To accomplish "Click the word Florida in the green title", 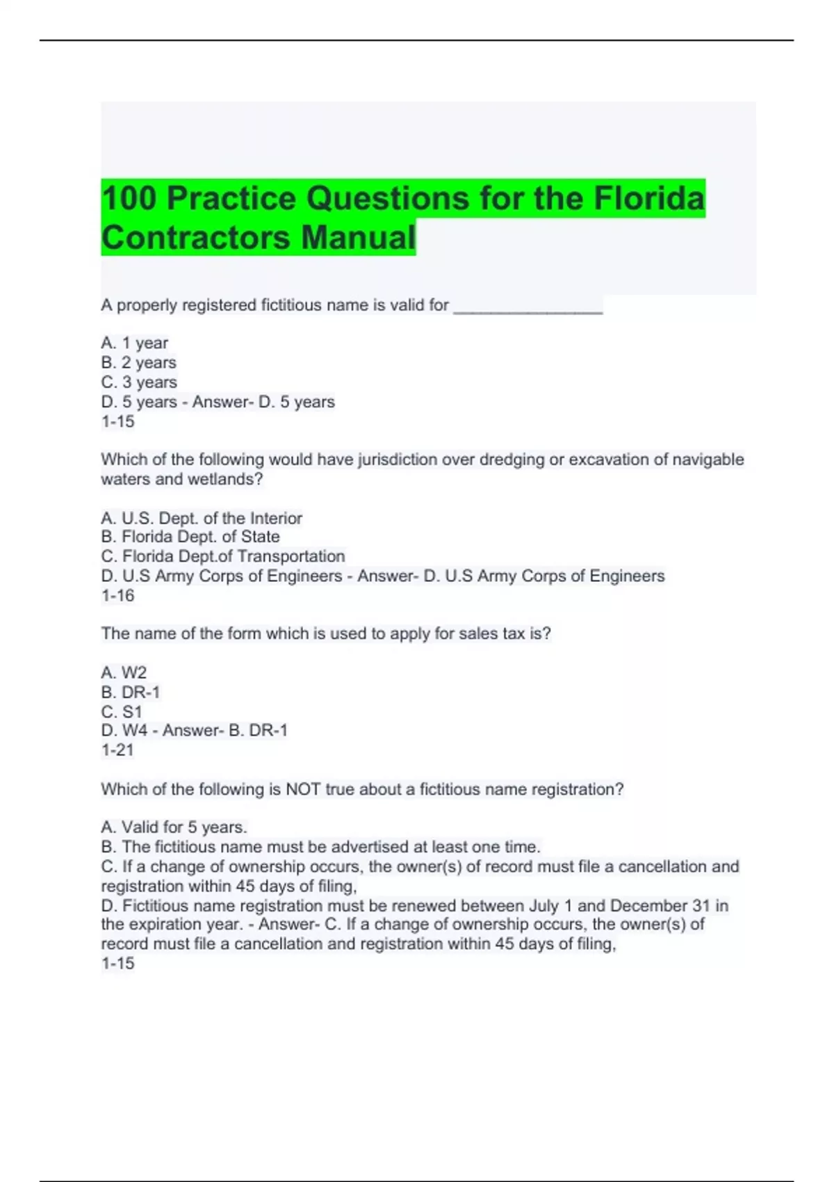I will (649, 198).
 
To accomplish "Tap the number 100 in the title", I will (129, 198).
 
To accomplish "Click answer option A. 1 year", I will (135, 343).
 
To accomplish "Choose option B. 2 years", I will (138, 362).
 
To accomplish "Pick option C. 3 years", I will (139, 382).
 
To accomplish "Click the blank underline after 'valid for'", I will (528, 307).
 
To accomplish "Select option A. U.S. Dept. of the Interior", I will (202, 518).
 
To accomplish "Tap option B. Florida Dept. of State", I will (190, 537).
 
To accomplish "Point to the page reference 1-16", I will (117, 595).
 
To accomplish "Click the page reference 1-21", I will (117, 750).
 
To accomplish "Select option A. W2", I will (124, 672).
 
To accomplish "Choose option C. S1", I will (122, 711).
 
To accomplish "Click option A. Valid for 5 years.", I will (174, 827).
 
